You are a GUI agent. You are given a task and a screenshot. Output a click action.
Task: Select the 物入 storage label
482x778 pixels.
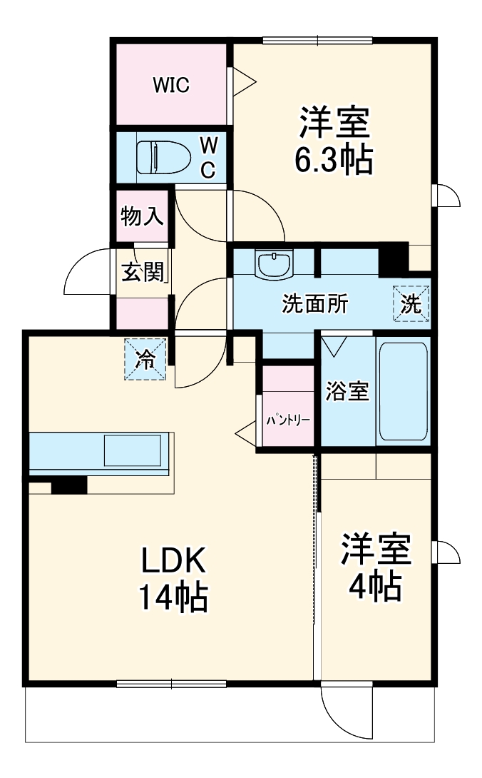pos(142,216)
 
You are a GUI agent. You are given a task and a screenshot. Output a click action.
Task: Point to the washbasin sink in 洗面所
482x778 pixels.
pos(275,265)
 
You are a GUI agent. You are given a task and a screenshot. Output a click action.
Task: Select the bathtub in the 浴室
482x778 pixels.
pos(404,391)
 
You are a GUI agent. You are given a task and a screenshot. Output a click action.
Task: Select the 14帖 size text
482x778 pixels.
pos(173,598)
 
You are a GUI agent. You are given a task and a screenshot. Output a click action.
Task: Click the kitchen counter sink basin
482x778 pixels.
pos(134,452)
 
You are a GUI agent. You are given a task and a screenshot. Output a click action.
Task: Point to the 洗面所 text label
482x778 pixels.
pos(314,304)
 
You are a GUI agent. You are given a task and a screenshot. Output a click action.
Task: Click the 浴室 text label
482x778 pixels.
pos(347,391)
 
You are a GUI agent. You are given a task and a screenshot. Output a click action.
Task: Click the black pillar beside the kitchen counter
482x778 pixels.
pos(69,485)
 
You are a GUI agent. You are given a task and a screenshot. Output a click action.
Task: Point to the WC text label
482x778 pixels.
pos(207,156)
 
